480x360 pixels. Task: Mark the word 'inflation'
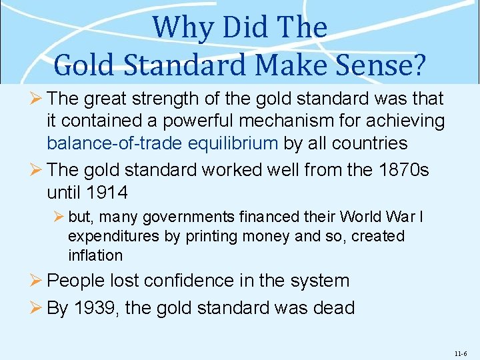95,255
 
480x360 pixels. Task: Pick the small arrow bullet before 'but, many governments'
59,217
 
